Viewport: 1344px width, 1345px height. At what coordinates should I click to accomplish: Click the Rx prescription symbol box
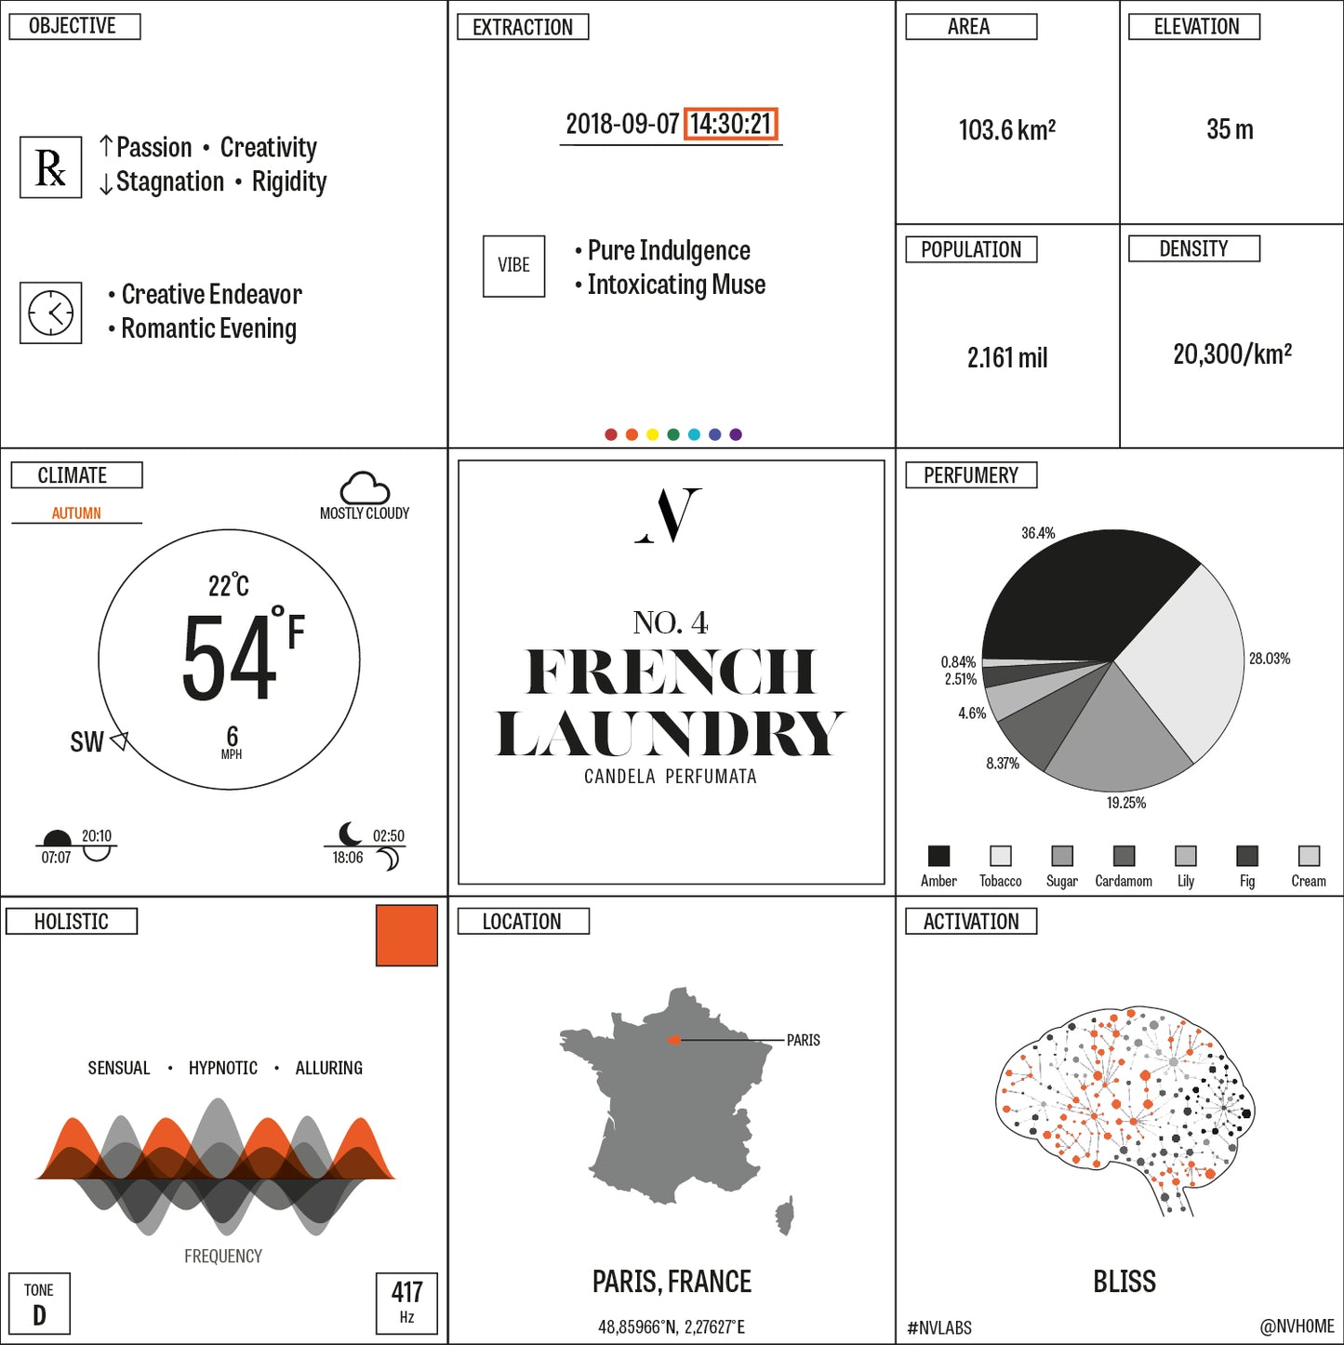click(x=50, y=166)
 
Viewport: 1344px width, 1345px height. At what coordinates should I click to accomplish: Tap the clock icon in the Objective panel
click(x=50, y=312)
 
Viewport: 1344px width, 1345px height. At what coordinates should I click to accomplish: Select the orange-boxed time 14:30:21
click(x=730, y=125)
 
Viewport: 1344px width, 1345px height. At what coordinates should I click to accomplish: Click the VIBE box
click(x=513, y=266)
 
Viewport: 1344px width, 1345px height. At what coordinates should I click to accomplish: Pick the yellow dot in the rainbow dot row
click(x=652, y=434)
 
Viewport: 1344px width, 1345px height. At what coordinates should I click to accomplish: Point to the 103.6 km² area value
click(x=1006, y=130)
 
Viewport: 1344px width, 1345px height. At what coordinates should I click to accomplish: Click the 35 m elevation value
click(x=1231, y=129)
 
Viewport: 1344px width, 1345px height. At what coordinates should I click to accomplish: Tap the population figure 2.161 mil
click(x=1006, y=358)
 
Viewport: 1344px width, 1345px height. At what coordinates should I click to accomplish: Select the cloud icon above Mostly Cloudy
click(x=365, y=488)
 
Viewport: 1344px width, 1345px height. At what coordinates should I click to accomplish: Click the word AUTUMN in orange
click(x=76, y=513)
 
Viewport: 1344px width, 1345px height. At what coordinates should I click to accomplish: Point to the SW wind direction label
click(x=86, y=742)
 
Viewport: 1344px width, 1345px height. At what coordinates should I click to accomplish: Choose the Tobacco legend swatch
click(x=1001, y=856)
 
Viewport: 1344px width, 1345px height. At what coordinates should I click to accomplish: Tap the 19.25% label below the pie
click(x=1126, y=803)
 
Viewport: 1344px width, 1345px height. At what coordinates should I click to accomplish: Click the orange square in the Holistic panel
click(x=406, y=936)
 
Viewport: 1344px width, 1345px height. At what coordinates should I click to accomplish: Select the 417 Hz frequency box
click(x=406, y=1303)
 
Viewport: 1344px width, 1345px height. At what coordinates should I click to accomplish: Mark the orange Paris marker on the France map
click(x=673, y=1040)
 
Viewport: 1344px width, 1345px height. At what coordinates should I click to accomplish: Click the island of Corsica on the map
click(x=785, y=1215)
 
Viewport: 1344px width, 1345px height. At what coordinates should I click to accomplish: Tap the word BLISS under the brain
click(x=1124, y=1282)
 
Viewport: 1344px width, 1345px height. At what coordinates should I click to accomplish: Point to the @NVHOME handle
click(x=1297, y=1325)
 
